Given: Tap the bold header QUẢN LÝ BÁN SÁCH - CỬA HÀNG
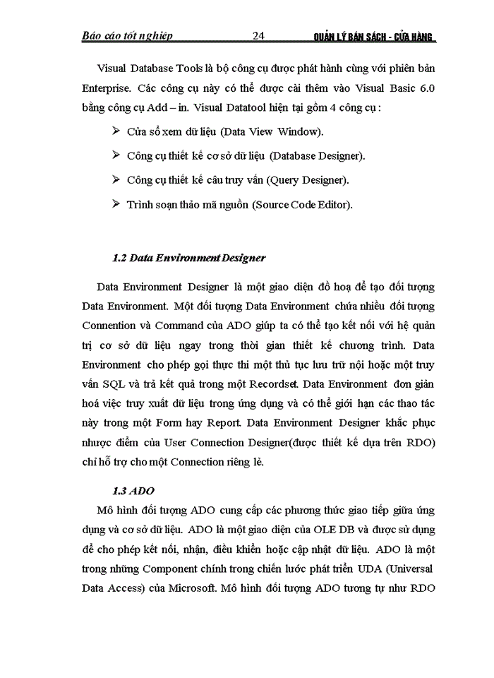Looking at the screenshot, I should click(x=374, y=37).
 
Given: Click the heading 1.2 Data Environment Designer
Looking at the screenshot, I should click(x=188, y=258).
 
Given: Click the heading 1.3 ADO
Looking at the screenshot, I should click(x=133, y=491).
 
